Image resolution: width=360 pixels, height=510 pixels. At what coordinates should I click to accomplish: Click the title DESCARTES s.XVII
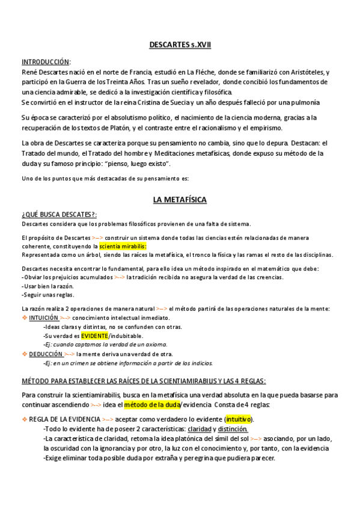coord(180,45)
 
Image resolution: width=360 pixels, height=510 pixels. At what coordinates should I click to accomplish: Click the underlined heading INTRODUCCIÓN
coord(46,62)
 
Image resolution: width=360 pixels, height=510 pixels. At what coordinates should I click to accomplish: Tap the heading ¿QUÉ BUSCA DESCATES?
coord(59,214)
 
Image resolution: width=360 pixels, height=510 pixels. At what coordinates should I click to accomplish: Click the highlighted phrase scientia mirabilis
coord(123,247)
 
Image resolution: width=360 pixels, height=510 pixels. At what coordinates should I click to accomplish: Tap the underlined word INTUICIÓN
coord(44,318)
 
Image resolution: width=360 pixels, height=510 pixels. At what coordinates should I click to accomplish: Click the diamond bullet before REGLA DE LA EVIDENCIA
coord(24,419)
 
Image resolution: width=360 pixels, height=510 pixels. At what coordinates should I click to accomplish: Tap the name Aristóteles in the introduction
coord(308,72)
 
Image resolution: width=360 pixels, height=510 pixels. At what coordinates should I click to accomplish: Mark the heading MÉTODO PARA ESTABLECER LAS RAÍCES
coord(143,381)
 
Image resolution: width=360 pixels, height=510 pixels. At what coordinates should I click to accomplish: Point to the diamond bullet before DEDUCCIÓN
coord(24,354)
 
